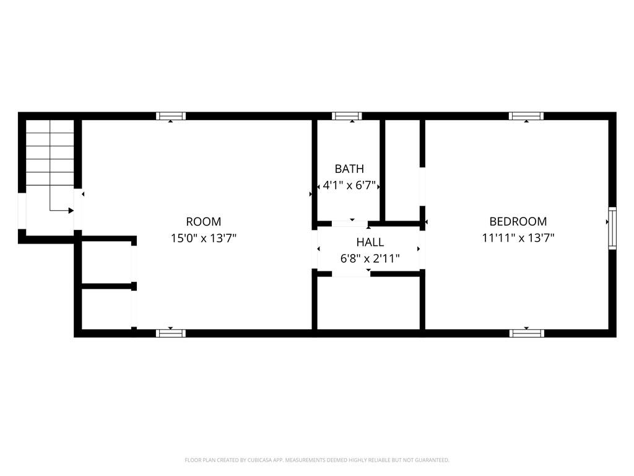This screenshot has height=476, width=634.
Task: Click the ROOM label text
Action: coord(203,222)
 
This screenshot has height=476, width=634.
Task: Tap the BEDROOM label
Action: coord(518,222)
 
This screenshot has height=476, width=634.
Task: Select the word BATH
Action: coord(349,169)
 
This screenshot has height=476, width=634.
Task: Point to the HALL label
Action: coord(370,242)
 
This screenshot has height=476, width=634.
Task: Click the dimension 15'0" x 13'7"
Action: coord(203,238)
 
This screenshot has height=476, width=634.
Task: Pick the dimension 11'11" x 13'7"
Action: coord(518,238)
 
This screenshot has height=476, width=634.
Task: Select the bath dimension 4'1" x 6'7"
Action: coord(349,186)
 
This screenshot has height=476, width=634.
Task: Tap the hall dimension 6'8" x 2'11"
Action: coord(370,258)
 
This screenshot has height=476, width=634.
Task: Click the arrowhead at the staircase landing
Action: coord(71,211)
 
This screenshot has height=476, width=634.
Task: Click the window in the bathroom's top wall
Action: coord(347,116)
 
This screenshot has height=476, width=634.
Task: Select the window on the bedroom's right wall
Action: coord(612,228)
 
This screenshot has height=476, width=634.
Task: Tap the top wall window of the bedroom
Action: coord(526,116)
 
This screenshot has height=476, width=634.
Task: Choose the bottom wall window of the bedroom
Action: coord(526,333)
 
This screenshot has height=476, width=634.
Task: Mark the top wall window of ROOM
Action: coord(171,116)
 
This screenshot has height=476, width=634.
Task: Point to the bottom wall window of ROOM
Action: coord(171,333)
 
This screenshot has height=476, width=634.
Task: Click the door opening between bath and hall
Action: coord(350,223)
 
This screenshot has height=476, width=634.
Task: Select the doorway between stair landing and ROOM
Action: coord(78,209)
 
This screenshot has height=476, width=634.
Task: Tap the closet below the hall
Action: coord(368,303)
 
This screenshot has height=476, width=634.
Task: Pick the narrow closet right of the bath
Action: coord(402,170)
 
